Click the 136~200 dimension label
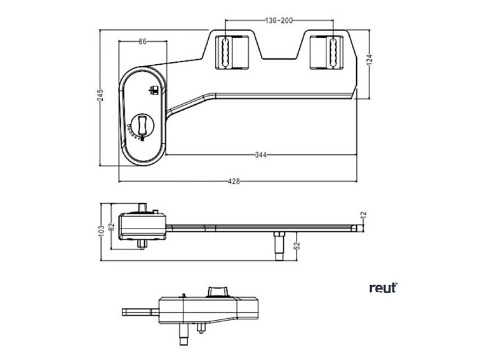(278, 21)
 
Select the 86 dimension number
(142, 41)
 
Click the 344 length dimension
(260, 154)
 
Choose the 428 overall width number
(234, 182)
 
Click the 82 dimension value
(112, 226)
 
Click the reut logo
(383, 288)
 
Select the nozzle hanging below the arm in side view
(278, 244)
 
